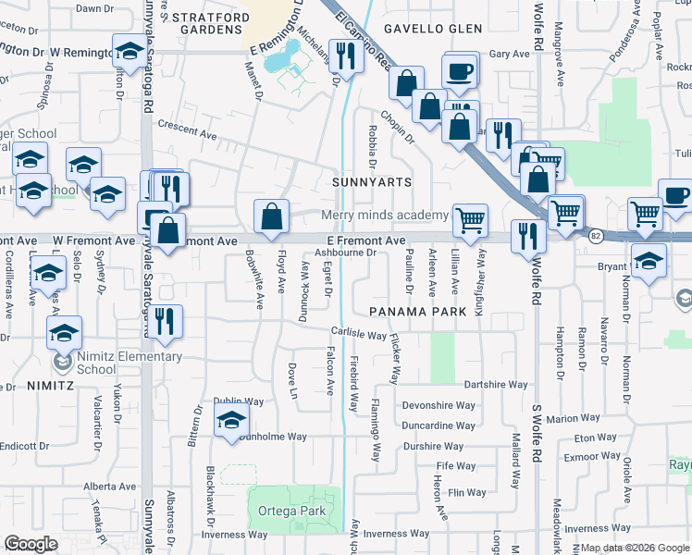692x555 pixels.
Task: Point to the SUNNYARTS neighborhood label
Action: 372,182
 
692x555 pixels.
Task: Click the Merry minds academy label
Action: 384,216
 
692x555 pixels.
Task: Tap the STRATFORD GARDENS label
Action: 211,23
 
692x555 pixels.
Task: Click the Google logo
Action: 31,544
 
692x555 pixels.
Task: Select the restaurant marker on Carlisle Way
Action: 165,321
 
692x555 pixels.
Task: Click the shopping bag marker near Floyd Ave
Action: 272,217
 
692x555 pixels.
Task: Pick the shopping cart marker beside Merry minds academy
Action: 471,220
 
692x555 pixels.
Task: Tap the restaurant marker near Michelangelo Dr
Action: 346,57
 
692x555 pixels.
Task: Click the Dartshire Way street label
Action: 495,384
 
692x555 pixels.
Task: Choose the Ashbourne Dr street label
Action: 345,252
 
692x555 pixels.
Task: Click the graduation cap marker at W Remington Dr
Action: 130,50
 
